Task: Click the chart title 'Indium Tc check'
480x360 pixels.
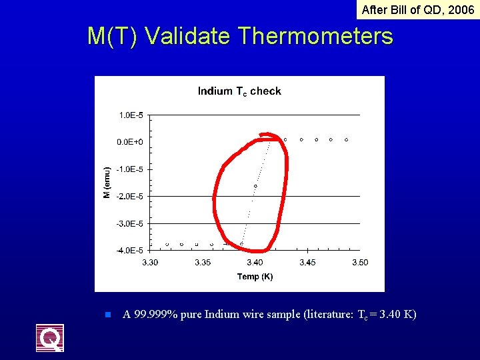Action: point(239,91)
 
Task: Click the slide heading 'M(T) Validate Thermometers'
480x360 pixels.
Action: point(240,36)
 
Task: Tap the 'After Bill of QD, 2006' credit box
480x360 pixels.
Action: point(417,9)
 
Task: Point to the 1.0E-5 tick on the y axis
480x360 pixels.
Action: point(131,115)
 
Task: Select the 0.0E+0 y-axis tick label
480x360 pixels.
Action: point(131,142)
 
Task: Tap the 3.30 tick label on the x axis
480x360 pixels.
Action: point(151,263)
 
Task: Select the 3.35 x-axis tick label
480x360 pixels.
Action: point(203,263)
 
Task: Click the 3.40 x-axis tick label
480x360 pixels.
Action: point(255,263)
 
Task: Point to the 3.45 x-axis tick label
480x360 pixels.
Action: point(307,263)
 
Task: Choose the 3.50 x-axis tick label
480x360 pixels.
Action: point(359,263)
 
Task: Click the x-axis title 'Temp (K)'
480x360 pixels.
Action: point(255,277)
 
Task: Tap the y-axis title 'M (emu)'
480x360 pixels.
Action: point(106,183)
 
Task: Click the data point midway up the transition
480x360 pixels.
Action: point(255,186)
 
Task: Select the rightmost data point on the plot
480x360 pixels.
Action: point(347,139)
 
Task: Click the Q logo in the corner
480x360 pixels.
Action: point(50,337)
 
